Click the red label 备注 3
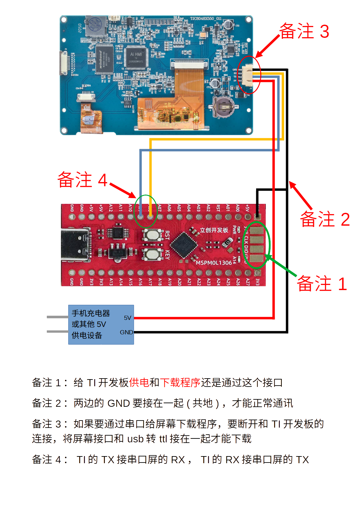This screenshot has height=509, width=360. [x=304, y=31]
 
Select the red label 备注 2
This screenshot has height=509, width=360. [x=324, y=219]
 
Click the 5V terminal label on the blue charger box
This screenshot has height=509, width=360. [x=127, y=318]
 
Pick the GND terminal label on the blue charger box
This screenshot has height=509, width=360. [x=126, y=332]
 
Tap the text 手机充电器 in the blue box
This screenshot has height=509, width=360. [x=91, y=313]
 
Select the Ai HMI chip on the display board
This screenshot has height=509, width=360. [x=136, y=57]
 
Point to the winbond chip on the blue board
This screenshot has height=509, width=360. [x=104, y=59]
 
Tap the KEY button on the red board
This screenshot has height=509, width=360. [x=152, y=255]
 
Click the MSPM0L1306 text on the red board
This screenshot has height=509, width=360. [x=214, y=263]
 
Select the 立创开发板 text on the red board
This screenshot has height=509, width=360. [x=214, y=230]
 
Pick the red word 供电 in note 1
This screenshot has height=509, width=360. [x=139, y=382]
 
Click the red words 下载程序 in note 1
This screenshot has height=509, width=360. [x=180, y=382]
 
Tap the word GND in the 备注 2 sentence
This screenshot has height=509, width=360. [x=119, y=403]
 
